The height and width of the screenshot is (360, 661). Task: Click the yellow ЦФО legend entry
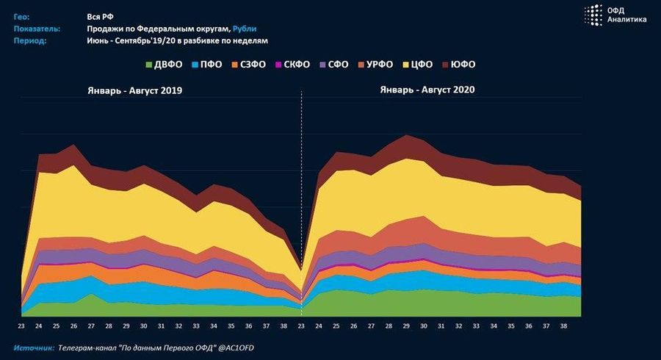click(422, 65)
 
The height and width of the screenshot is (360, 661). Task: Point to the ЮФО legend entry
click(463, 65)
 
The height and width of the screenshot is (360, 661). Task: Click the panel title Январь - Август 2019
click(131, 90)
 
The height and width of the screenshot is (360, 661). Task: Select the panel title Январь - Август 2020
click(427, 90)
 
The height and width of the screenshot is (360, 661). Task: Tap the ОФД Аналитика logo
click(615, 15)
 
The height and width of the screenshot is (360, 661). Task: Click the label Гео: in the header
click(22, 15)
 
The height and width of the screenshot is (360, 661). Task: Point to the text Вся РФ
click(101, 15)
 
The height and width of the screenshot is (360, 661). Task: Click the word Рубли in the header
click(245, 28)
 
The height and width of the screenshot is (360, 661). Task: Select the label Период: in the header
click(30, 40)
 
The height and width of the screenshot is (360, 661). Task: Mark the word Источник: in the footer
click(34, 347)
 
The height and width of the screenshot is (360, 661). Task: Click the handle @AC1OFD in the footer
click(242, 347)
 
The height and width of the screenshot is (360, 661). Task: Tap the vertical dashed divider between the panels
click(302, 184)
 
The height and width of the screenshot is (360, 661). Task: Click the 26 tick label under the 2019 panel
click(74, 325)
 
